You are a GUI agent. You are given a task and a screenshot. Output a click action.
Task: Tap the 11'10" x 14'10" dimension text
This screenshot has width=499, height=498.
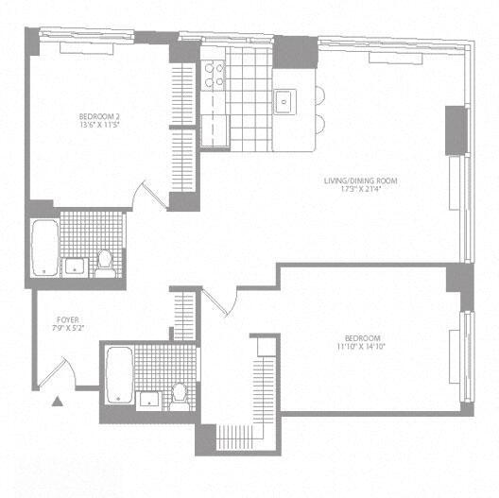(363, 347)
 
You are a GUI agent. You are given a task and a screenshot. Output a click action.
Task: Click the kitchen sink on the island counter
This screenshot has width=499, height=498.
(284, 100)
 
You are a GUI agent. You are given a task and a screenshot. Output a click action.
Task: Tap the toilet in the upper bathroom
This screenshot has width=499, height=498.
(105, 260)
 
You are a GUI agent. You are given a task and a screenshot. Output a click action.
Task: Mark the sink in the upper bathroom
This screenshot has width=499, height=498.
(73, 266)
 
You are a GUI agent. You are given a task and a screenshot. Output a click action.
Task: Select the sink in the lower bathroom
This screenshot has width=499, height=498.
(148, 397)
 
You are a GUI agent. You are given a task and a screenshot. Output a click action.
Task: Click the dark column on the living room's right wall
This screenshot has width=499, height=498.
(456, 129)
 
